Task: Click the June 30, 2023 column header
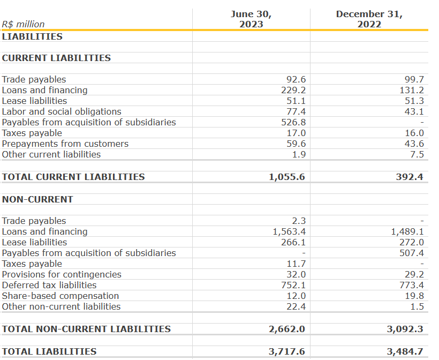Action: [x=251, y=19]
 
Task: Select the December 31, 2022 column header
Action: [x=369, y=19]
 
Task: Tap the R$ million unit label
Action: [x=24, y=24]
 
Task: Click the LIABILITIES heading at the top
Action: [x=32, y=36]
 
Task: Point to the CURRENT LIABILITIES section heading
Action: [x=56, y=58]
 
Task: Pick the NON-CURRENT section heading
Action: [x=37, y=199]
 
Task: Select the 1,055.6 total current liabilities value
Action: [x=287, y=177]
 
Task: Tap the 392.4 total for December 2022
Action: [x=410, y=177]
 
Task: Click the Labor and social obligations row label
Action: [x=62, y=111]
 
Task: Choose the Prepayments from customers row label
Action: [x=65, y=144]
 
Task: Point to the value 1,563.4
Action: [x=289, y=231]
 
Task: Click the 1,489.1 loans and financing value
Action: [x=407, y=231]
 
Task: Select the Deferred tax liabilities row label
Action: [x=49, y=285]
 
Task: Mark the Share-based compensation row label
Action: [x=60, y=296]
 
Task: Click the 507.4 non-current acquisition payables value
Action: [x=412, y=253]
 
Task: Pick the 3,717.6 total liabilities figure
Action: [x=287, y=351]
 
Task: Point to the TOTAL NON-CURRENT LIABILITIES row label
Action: [x=86, y=329]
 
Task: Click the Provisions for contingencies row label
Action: [x=62, y=274]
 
